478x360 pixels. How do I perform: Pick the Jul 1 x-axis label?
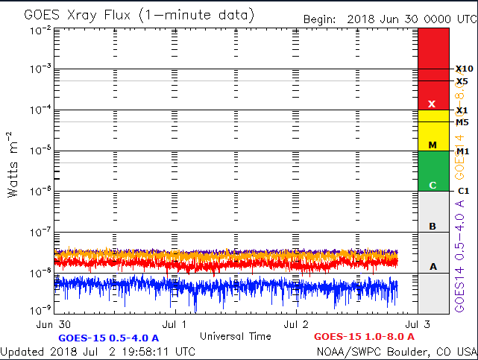coord(174,324)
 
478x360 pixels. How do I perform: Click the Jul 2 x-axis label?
coord(296,324)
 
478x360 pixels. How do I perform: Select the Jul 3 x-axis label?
coord(418,324)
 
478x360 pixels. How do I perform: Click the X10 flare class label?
coord(462,69)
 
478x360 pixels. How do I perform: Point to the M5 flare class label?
coord(462,122)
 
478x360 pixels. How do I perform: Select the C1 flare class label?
coord(462,192)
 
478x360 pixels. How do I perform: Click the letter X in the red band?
coord(432,104)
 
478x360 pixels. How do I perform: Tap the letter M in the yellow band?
coord(432,145)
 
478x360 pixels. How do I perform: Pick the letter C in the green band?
coord(432,185)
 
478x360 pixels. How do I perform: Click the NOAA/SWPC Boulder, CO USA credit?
coord(396,351)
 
